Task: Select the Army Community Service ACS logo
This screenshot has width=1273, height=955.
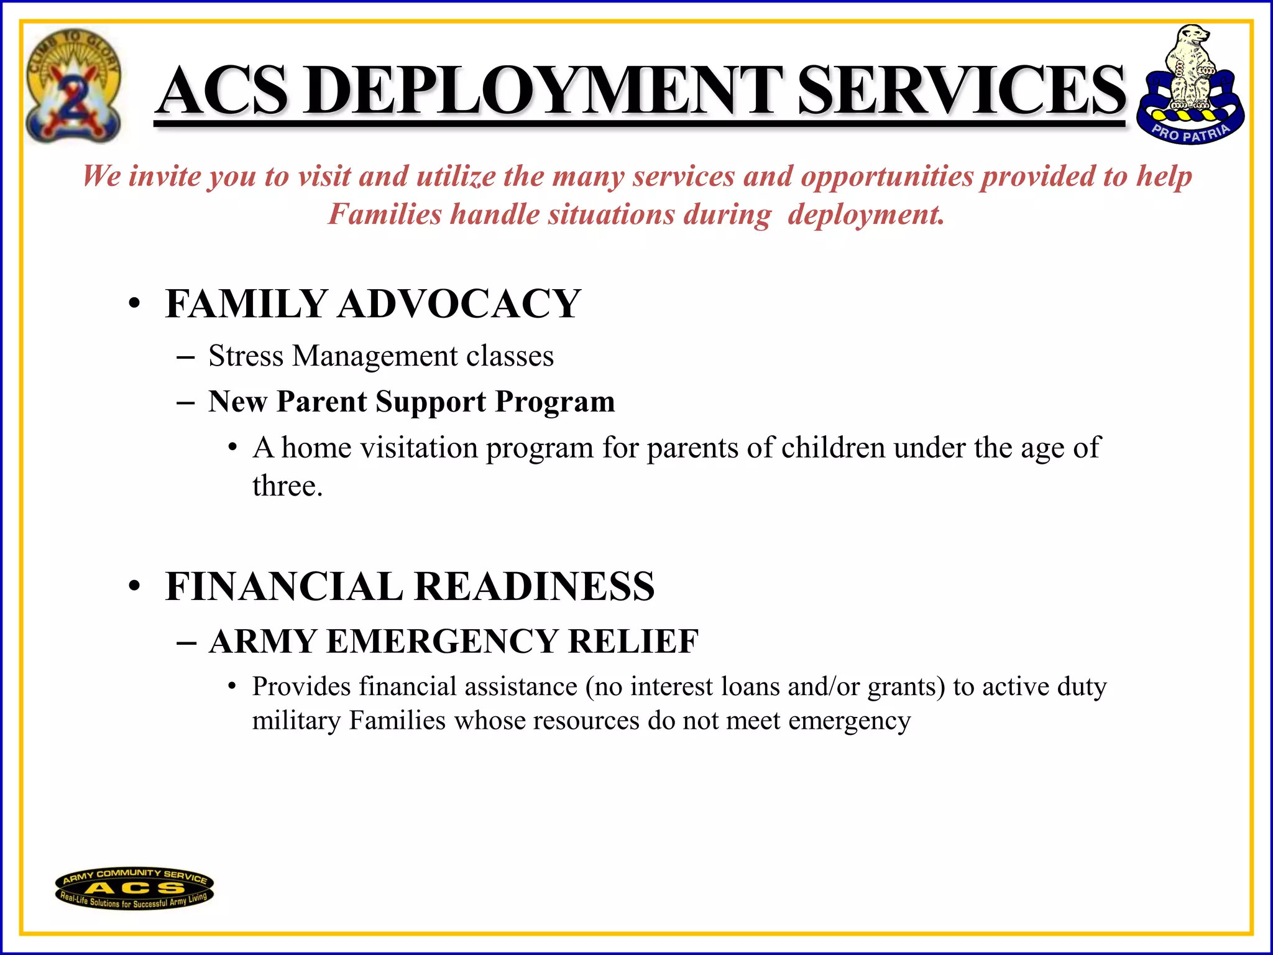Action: pyautogui.click(x=134, y=888)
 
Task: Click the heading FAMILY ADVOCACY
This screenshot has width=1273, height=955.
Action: pyautogui.click(x=373, y=304)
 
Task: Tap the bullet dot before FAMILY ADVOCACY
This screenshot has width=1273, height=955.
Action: pyautogui.click(x=134, y=305)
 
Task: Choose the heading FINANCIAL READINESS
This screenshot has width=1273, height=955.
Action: pyautogui.click(x=410, y=586)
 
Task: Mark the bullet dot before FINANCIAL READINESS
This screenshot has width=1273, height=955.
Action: pyautogui.click(x=134, y=587)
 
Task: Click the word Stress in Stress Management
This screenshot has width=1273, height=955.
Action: pyautogui.click(x=246, y=356)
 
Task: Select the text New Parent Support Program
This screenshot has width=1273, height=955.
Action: pyautogui.click(x=411, y=402)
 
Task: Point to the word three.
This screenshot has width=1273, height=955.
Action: pyautogui.click(x=287, y=486)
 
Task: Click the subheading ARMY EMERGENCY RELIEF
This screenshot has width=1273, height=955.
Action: pyautogui.click(x=454, y=642)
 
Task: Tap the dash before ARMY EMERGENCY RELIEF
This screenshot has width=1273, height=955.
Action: pyautogui.click(x=186, y=642)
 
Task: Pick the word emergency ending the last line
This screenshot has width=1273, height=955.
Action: pyautogui.click(x=849, y=721)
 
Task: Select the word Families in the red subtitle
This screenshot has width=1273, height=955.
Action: pyautogui.click(x=385, y=215)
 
